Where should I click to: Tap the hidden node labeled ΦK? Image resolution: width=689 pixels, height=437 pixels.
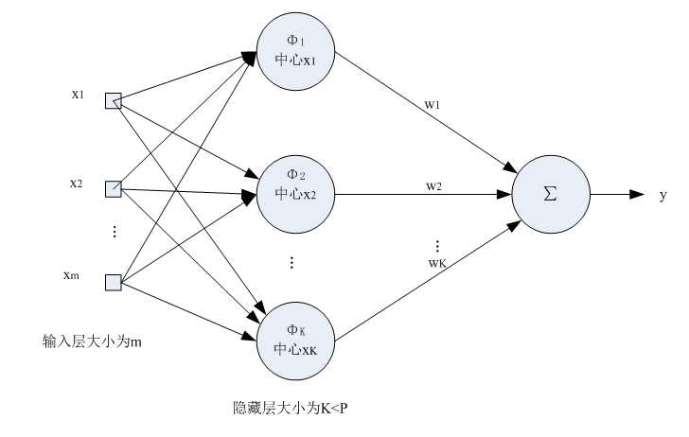pos(296,339)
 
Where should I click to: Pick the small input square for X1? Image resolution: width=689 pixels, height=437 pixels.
pos(114,100)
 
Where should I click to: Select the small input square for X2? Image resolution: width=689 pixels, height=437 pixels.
pos(114,188)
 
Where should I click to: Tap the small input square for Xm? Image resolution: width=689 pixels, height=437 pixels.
pos(114,281)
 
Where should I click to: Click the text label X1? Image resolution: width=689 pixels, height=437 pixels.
pos(78,95)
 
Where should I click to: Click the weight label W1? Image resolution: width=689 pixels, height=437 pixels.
pos(433,105)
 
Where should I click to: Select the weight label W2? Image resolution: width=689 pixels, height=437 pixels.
pos(433,186)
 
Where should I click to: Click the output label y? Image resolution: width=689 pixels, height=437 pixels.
pos(662,195)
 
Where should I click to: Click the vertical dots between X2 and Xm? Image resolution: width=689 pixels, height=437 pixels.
pos(115,232)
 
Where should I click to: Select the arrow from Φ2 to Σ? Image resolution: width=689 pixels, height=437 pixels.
pos(421,195)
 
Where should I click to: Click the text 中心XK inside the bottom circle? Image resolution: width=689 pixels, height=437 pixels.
pos(296,349)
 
